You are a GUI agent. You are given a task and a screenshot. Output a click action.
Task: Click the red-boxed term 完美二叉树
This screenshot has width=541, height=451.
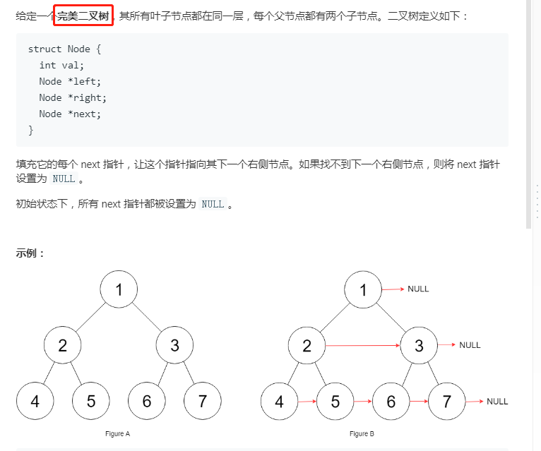(83, 16)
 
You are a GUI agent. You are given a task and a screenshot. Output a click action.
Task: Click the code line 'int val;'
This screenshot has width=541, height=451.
(61, 66)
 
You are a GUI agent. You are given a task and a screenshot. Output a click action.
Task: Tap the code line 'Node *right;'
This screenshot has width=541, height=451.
(73, 98)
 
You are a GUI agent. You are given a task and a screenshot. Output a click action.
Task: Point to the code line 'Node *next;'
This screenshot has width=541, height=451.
(70, 114)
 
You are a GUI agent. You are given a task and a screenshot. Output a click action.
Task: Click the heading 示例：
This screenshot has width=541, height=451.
(30, 253)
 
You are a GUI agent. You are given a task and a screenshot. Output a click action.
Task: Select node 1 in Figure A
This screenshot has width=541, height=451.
(119, 289)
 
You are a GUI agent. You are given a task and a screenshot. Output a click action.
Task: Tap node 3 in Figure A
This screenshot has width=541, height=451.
(174, 345)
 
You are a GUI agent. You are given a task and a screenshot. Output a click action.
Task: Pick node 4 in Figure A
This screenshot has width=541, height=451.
(35, 401)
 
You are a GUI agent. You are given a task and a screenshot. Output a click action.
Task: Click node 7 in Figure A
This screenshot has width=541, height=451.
(203, 401)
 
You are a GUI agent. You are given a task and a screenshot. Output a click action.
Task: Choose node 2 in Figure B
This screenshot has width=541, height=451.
(307, 346)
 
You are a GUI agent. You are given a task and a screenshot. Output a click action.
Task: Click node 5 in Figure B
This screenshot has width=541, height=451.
(335, 402)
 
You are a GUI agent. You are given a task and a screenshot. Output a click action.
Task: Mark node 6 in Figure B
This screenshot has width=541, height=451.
(391, 402)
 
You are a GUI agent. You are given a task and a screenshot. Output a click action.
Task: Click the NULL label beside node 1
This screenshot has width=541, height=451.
(418, 289)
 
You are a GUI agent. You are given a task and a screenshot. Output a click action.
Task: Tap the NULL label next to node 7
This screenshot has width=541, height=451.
(497, 402)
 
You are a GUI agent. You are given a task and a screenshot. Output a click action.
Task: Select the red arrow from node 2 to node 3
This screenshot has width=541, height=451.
(362, 346)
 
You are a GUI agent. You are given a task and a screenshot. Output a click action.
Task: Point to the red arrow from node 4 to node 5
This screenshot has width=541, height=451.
(307, 402)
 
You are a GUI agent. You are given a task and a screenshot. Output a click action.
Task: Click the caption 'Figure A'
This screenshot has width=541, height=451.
(117, 434)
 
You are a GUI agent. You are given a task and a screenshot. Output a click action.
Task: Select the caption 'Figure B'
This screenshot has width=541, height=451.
(362, 434)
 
